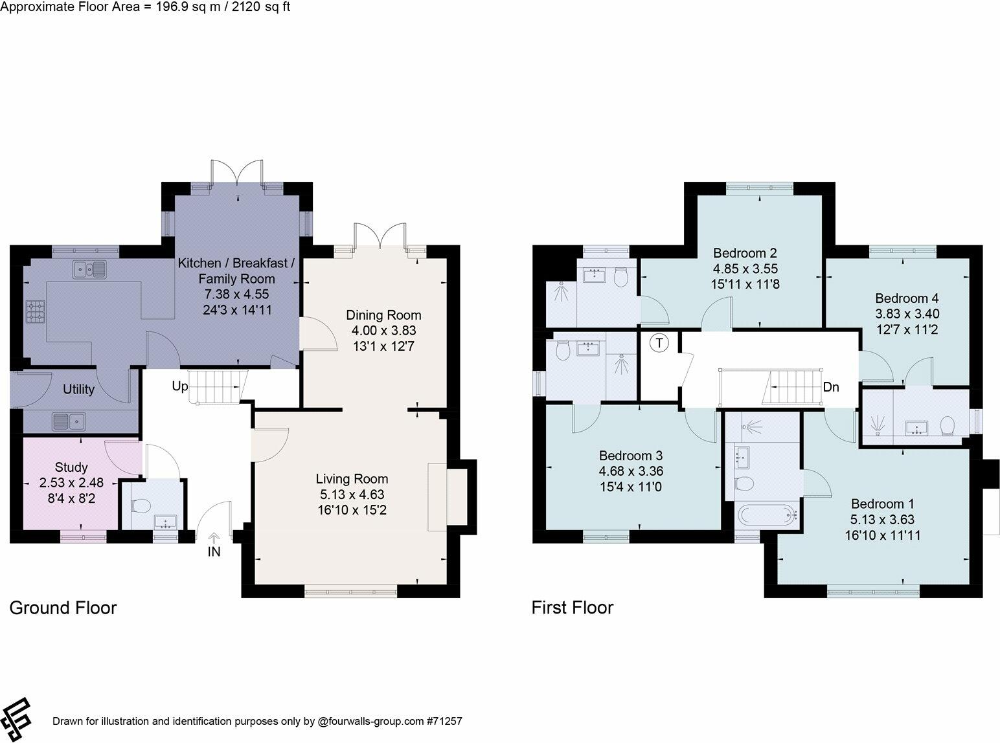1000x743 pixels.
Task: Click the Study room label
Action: tap(71, 467)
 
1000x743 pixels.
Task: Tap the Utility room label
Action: tap(78, 389)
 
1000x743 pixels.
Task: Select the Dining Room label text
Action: tap(383, 315)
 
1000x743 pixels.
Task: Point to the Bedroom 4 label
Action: tap(907, 298)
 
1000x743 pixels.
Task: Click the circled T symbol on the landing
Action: tap(659, 343)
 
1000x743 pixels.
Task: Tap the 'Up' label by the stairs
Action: tap(180, 386)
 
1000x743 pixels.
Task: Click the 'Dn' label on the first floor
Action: tap(831, 387)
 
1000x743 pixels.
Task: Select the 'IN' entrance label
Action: tap(214, 552)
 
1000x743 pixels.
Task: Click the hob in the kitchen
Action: tap(35, 312)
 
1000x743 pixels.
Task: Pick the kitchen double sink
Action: tap(89, 268)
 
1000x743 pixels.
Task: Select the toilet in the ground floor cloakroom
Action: tap(140, 505)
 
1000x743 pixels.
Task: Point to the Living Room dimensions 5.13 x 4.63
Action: tap(352, 494)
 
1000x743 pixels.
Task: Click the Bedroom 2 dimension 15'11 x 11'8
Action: tap(745, 283)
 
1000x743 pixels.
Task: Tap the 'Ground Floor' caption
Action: tap(63, 608)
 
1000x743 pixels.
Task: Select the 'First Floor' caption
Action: tap(572, 608)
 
